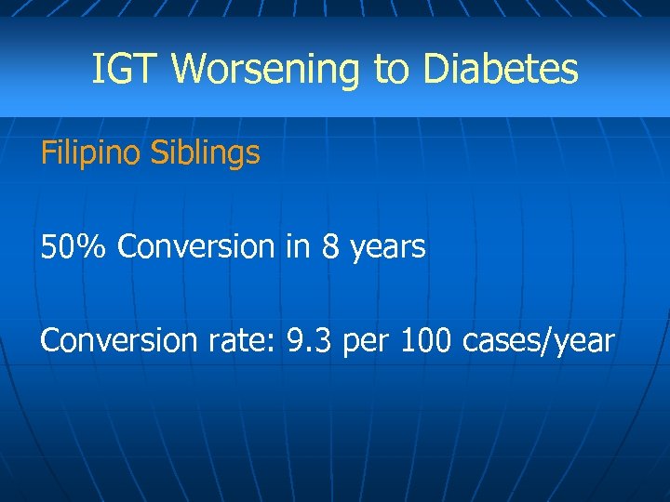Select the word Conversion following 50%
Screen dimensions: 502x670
(x=196, y=247)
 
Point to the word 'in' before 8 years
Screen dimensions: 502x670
(x=298, y=247)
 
